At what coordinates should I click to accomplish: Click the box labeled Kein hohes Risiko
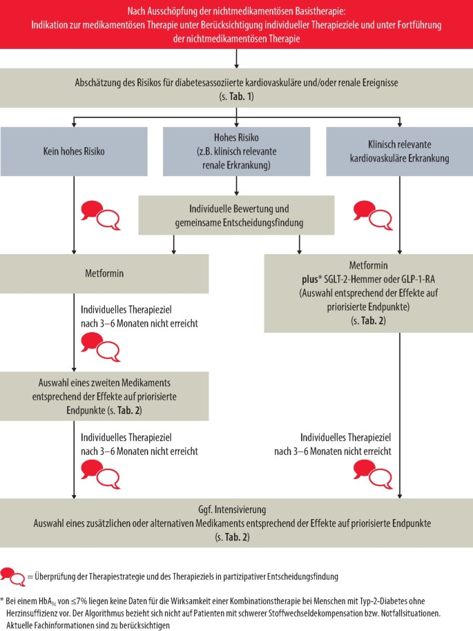tap(74, 151)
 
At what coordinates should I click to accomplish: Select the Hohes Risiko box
tap(236, 151)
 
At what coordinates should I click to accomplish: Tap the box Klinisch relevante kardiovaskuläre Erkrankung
tap(399, 151)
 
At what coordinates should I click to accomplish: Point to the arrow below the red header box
tap(236, 59)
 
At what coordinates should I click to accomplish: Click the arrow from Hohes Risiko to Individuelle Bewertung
tap(236, 186)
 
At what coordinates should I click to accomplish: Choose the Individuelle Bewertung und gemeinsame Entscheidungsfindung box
tap(236, 215)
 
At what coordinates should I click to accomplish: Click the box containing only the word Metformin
tap(104, 273)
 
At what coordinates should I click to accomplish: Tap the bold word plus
tap(309, 280)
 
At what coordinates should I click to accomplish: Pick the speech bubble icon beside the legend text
tap(13, 576)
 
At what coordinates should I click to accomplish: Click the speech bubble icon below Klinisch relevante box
tap(373, 215)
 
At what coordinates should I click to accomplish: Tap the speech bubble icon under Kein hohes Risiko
tap(101, 215)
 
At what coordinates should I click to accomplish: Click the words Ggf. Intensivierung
tap(232, 510)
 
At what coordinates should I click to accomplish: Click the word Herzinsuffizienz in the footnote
tap(30, 614)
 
